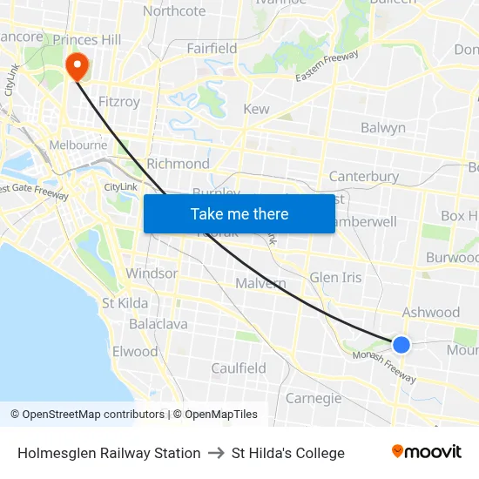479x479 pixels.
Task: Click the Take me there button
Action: click(239, 213)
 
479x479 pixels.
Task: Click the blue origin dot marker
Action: click(401, 345)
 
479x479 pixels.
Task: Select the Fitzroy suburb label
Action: click(119, 102)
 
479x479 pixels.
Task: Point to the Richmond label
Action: click(178, 164)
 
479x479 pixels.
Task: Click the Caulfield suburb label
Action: click(239, 368)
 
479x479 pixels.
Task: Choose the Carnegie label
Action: click(314, 398)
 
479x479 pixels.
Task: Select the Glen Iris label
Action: click(335, 277)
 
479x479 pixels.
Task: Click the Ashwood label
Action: click(430, 312)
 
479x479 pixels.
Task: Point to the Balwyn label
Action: click(383, 128)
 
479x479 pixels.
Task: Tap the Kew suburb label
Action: click(256, 109)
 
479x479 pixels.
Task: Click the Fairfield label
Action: click(212, 49)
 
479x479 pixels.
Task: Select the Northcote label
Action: click(174, 11)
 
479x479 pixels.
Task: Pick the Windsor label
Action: click(152, 273)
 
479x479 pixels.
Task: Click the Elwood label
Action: click(135, 352)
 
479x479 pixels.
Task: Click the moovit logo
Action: click(426, 451)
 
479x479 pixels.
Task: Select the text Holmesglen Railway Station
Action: click(109, 453)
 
